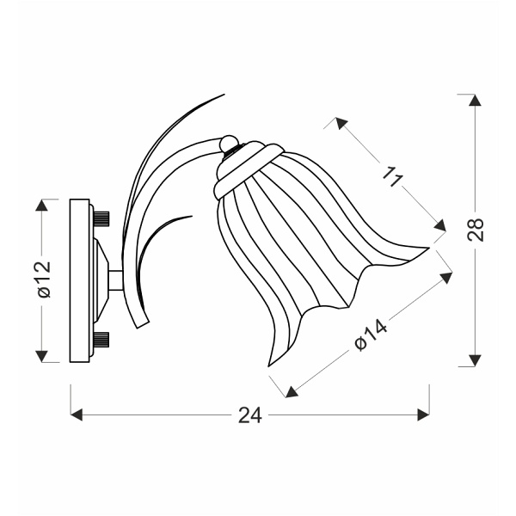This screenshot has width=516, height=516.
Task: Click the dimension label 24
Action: [249, 415]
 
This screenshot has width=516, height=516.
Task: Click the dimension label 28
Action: [476, 230]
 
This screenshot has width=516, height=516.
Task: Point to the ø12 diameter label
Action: [43, 280]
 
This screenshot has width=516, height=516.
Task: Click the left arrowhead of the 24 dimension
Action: [77, 415]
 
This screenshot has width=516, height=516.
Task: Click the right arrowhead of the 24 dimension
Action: [423, 415]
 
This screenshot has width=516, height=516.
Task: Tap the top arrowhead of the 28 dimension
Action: [475, 100]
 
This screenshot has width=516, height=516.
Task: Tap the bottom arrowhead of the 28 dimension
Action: [475, 360]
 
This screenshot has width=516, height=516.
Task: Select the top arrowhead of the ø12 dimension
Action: [41, 206]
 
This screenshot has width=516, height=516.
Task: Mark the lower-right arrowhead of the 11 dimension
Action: [440, 226]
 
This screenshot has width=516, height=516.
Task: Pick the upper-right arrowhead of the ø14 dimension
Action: [446, 278]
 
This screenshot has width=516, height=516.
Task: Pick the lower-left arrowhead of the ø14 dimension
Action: [291, 391]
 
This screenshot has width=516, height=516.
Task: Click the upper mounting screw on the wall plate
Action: [101, 216]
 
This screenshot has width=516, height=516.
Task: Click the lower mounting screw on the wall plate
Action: [101, 339]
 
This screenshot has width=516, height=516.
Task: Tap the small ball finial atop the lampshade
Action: [229, 143]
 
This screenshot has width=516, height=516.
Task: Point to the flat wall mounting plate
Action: [79, 280]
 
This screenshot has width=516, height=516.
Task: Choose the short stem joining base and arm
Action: [114, 280]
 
